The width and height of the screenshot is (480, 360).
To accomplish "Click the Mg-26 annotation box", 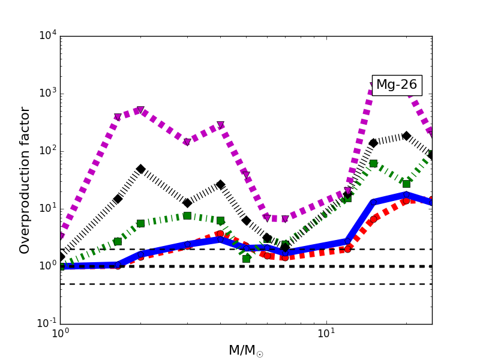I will coord(397,85).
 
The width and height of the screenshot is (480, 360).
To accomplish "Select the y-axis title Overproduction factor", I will coord(25,180).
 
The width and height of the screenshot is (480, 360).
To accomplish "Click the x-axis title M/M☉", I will coord(245,350).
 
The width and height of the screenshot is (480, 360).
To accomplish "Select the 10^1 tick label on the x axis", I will coord(326,335).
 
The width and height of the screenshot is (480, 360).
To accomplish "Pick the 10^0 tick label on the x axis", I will coord(60,335).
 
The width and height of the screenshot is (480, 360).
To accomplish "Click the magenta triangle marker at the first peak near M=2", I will coord(140,110).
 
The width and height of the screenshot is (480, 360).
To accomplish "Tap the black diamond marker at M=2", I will coord(140,169).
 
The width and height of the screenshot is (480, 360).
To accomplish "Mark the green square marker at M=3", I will coord(187,215).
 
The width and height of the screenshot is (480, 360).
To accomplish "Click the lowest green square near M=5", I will coord(246,259).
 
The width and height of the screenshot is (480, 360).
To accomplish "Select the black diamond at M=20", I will coord(406,136).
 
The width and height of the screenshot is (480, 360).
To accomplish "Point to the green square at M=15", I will coord(373,163).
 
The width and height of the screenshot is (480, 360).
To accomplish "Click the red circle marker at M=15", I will coord(373,219).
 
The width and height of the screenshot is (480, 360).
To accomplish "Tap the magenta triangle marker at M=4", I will coord(220,125).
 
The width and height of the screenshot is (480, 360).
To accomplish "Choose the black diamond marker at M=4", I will coord(220,185).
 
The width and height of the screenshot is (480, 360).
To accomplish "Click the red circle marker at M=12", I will coord(347,248).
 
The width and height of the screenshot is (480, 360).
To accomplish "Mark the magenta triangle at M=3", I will coord(187,143).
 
